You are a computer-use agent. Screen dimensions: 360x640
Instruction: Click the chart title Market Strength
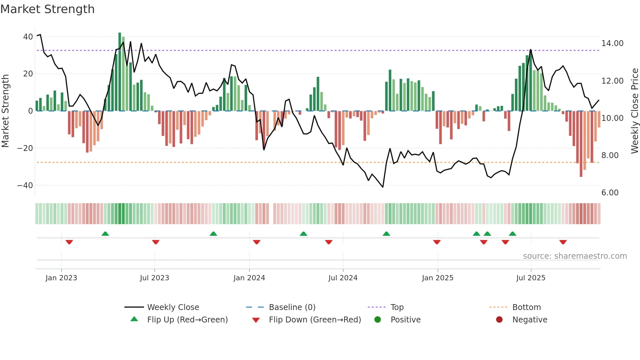[47, 9]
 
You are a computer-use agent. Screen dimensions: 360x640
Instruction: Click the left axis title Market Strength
[5, 111]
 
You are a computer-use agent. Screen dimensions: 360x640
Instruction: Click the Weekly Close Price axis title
[634, 111]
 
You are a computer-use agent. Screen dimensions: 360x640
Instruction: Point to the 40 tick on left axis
[28, 37]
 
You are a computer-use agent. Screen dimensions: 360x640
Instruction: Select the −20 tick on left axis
[25, 148]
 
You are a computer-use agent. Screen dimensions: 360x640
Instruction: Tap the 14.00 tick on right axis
[612, 43]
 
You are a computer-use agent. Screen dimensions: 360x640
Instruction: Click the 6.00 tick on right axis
[610, 193]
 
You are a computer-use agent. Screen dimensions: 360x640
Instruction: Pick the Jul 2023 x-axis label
[154, 278]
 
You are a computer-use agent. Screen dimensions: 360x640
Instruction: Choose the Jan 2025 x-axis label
[438, 278]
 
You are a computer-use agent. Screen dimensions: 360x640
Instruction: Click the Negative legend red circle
[499, 319]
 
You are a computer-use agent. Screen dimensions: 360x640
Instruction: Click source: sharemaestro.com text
[575, 256]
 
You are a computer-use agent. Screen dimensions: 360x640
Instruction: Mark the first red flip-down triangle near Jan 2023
[69, 242]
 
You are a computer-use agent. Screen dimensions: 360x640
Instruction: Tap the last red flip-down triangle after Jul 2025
[563, 242]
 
